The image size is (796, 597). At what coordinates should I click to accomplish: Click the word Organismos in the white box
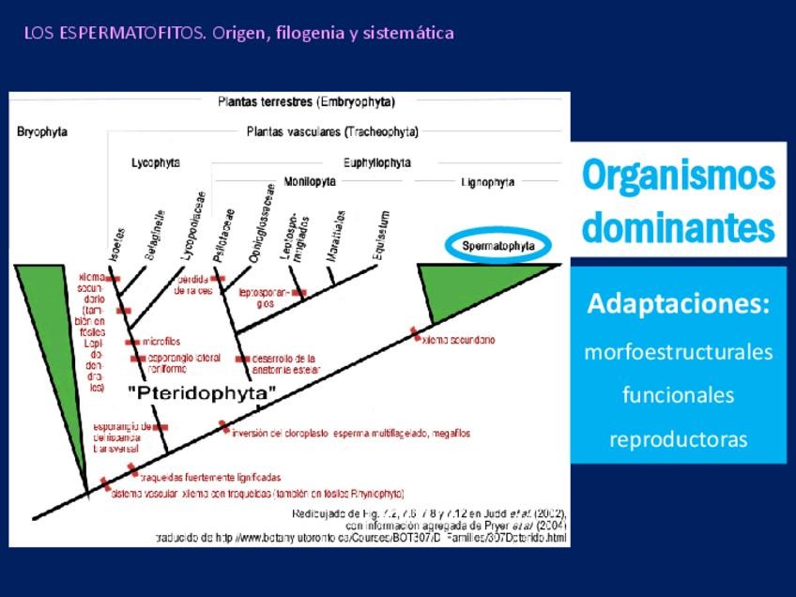coord(679,176)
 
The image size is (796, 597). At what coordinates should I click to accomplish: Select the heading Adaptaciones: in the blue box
coord(679,304)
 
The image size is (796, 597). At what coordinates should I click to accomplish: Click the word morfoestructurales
coord(679,352)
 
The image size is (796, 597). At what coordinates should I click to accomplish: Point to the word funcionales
coord(679,395)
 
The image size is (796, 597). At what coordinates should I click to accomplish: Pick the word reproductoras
coord(679,439)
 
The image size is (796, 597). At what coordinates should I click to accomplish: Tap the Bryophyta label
coord(42,132)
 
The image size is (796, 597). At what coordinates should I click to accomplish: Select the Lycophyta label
coord(155,162)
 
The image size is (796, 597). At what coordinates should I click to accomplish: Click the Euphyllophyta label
coord(376,162)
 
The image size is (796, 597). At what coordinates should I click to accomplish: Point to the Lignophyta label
coord(488,182)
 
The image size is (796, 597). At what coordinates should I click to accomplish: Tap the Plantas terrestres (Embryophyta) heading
coord(306,101)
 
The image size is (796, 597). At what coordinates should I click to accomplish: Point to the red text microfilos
coord(161,342)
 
